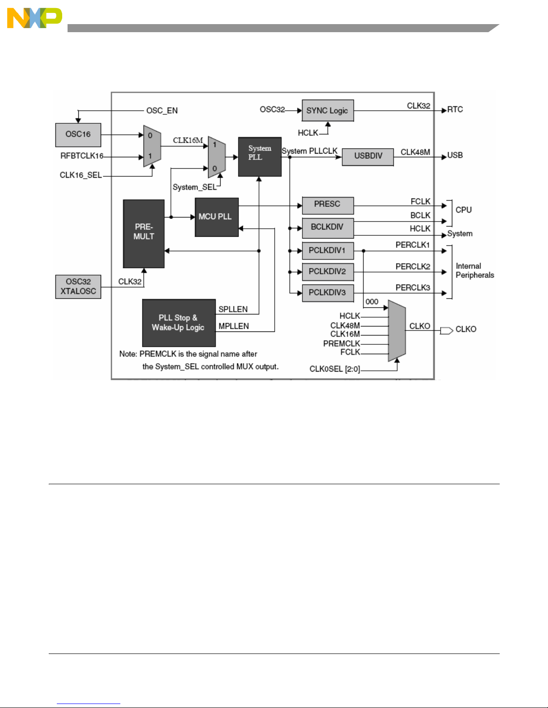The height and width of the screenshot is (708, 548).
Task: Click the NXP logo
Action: coord(34,18)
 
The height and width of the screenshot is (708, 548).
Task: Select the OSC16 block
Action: coord(78,134)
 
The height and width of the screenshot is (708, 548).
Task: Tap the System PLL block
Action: coord(259,156)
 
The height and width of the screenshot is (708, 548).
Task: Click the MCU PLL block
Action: coord(216,217)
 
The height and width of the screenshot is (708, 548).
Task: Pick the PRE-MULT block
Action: coord(144,233)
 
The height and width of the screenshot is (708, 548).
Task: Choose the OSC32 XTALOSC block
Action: coord(78,286)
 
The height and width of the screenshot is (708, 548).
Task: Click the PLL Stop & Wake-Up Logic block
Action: coord(178,323)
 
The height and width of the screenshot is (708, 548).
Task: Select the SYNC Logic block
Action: coord(327,110)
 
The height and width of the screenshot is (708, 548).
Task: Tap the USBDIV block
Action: coord(368,156)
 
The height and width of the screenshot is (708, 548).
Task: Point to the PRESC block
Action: coord(327,205)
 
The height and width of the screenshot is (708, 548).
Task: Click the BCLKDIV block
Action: coord(327,227)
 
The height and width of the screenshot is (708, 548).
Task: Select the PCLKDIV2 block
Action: coord(327,271)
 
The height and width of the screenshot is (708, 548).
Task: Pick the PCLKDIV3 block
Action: coord(327,293)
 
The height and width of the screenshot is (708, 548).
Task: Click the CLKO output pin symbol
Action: coord(446,331)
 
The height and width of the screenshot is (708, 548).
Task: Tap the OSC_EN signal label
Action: coord(162,110)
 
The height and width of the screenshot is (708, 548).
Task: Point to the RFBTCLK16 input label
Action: coord(82,156)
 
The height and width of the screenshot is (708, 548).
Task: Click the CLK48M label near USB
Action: coord(415,152)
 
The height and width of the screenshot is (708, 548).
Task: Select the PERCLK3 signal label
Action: coord(412,288)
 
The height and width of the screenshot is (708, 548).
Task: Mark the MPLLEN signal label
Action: coord(234,326)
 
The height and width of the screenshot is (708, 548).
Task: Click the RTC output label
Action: coord(455,110)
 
